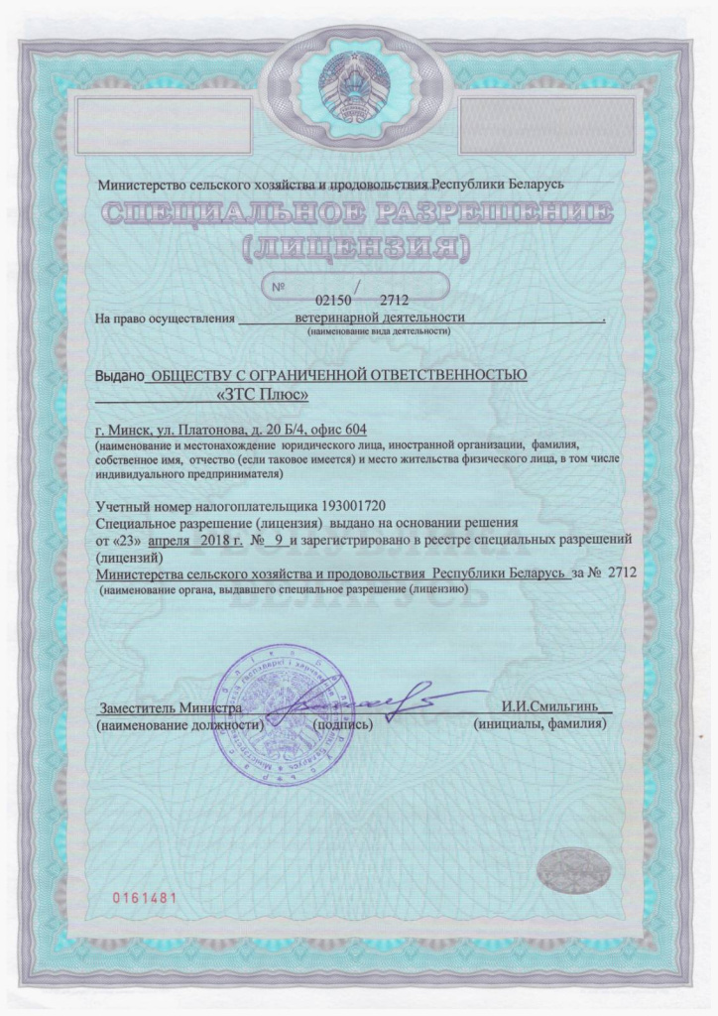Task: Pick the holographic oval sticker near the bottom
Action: [574, 873]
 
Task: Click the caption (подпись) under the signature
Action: [343, 725]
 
